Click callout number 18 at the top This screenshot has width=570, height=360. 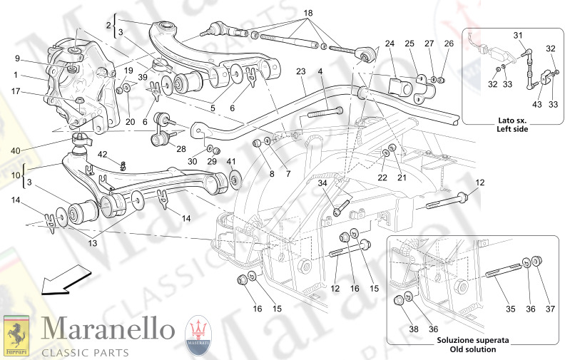pos(308,14)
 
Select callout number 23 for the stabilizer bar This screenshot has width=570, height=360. pos(301,71)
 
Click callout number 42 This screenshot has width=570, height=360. pos(103,155)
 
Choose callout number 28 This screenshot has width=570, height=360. pos(180,148)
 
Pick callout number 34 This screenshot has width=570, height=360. pos(323,183)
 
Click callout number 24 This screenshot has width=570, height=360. pos(390,43)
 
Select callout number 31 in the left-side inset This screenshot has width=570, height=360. pos(518,36)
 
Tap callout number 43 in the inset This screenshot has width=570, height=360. pos(535,106)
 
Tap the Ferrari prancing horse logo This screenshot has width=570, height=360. pos(16,334)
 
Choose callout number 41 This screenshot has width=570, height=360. pos(230,162)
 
